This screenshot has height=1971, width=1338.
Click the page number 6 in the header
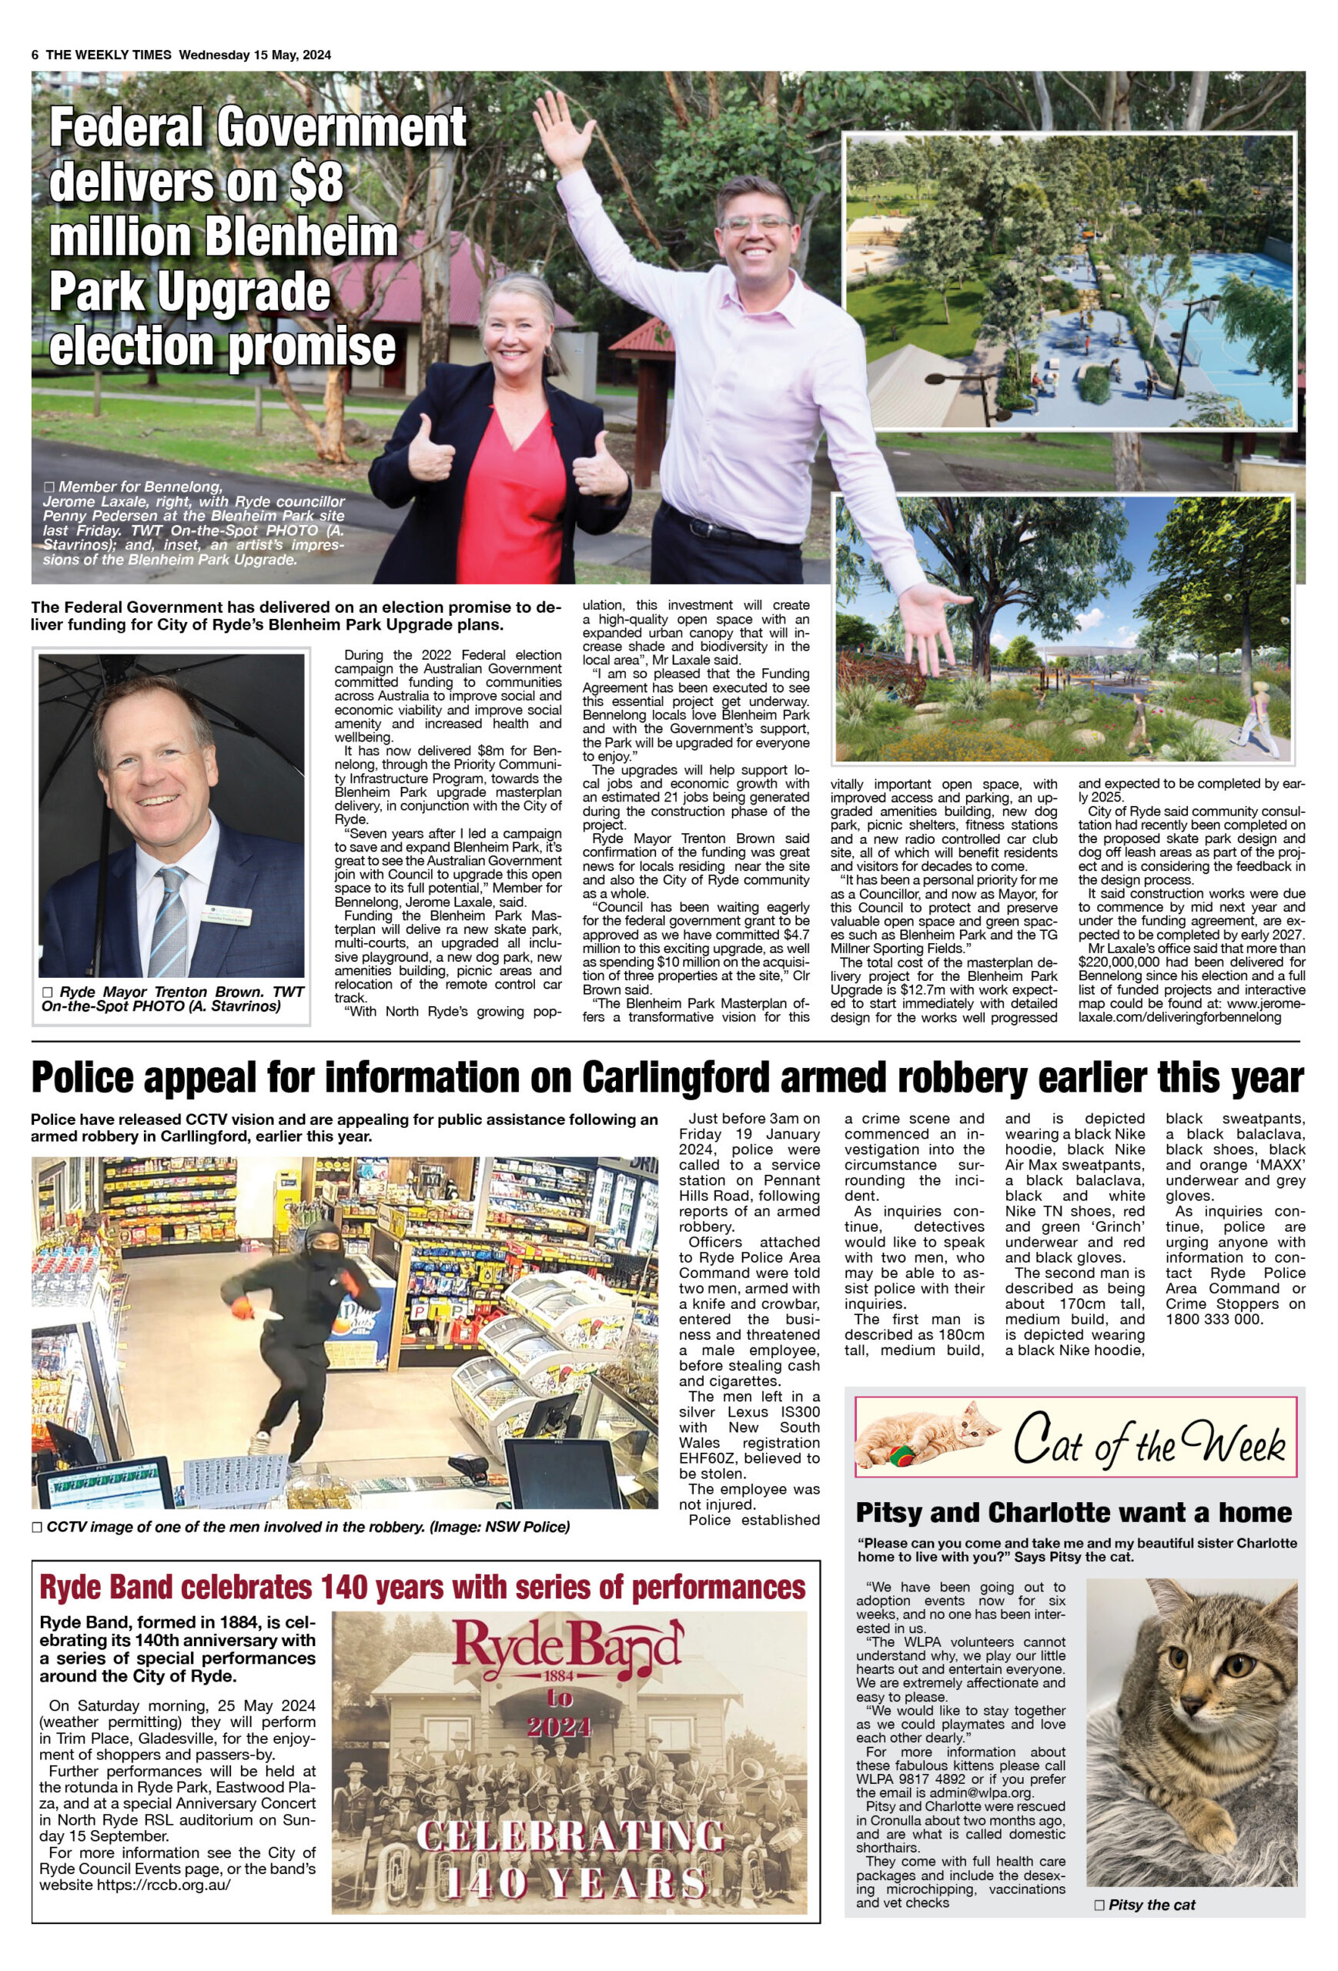pyautogui.click(x=35, y=55)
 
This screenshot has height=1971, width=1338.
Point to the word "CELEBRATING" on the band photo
pyautogui.click(x=570, y=1835)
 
